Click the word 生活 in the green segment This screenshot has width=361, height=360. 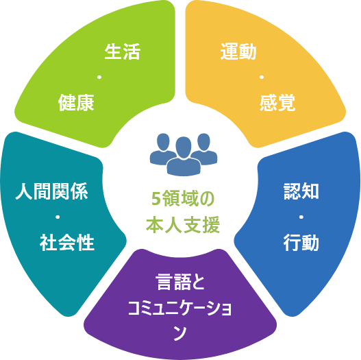point(123,51)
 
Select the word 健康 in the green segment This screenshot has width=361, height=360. point(76,103)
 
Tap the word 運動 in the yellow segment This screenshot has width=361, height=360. point(238,51)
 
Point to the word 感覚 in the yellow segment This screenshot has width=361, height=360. point(277,103)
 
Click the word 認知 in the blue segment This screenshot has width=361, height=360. point(301,191)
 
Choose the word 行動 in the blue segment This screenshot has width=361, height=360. point(301,243)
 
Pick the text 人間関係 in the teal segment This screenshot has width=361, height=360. point(51,191)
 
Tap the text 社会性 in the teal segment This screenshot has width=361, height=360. point(67,243)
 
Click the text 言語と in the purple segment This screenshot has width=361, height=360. point(180,282)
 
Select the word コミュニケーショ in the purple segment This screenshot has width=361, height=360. point(179,309)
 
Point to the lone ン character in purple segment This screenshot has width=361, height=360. point(180,333)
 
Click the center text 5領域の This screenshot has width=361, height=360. point(183,199)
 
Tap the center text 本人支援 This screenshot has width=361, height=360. point(183,225)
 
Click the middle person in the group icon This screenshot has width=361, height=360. point(184,157)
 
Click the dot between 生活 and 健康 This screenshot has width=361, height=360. point(99,77)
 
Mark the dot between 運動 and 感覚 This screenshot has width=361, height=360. point(262,77)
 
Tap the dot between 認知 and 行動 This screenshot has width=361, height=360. point(301,217)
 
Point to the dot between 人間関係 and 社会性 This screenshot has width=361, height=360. point(58,217)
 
